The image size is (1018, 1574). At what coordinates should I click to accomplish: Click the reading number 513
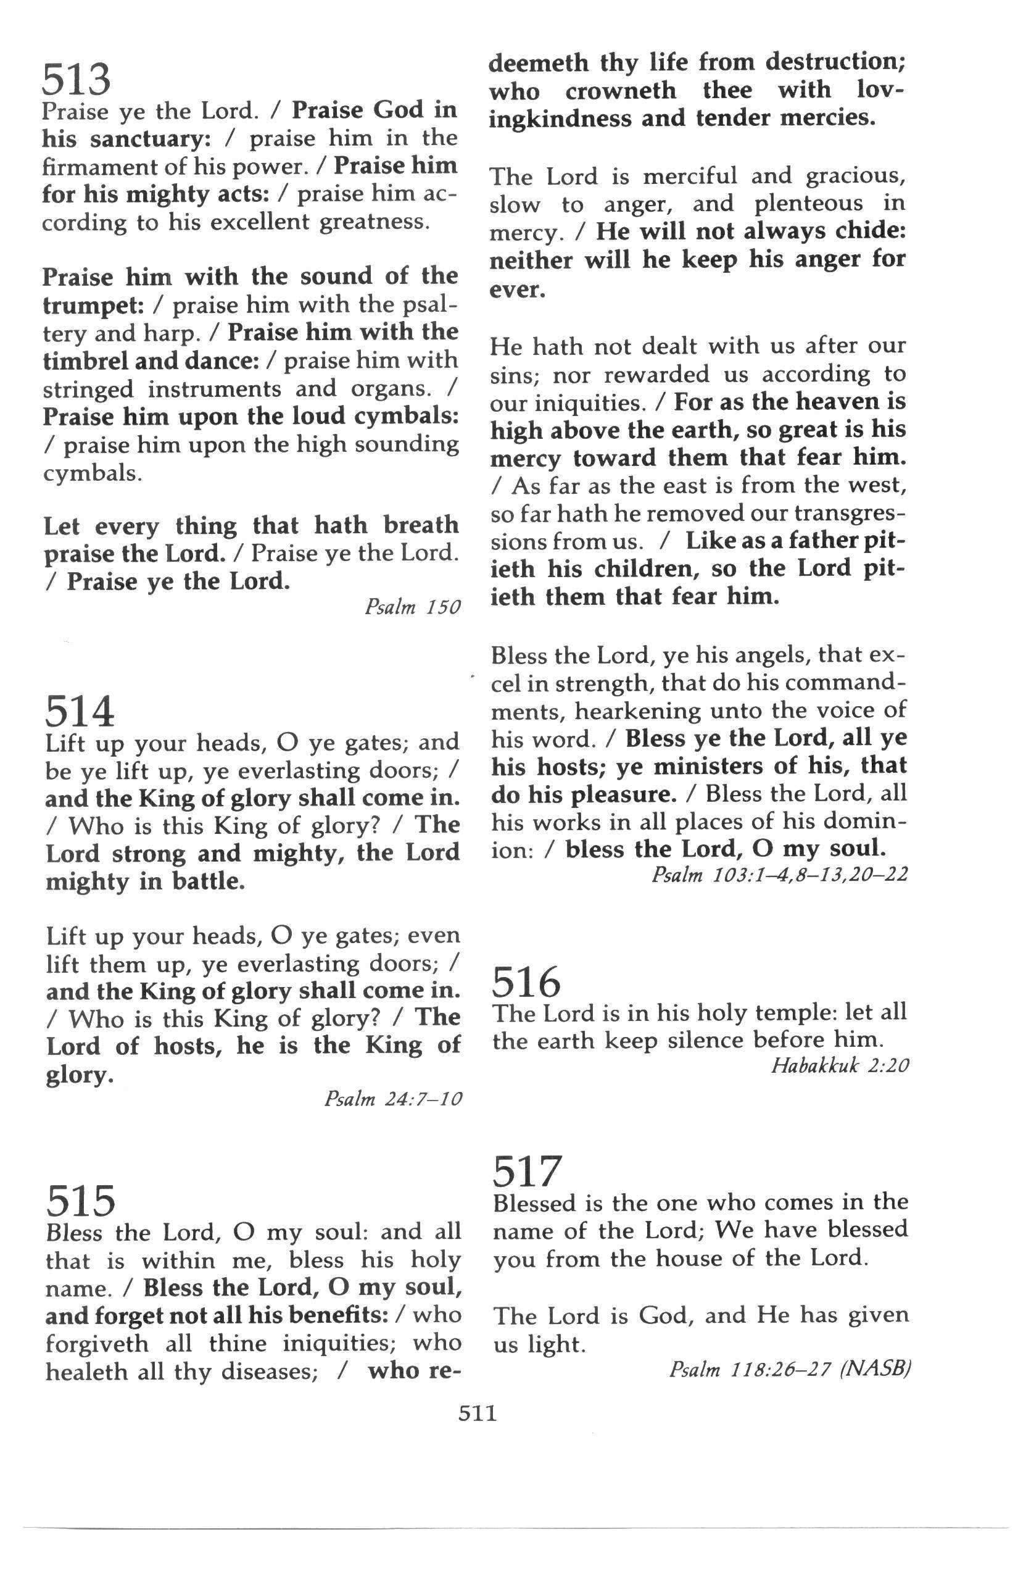pos(76,80)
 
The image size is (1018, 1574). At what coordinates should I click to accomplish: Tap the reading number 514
pos(80,712)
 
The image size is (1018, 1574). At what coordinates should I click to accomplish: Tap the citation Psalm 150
pos(412,607)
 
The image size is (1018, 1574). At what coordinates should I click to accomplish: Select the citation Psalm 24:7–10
pos(392,1099)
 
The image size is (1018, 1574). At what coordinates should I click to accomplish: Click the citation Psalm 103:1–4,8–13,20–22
pos(779,875)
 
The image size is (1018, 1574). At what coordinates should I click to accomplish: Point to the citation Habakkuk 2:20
pos(840,1065)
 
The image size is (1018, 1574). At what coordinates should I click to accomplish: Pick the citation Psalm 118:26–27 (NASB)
pos(790,1369)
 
